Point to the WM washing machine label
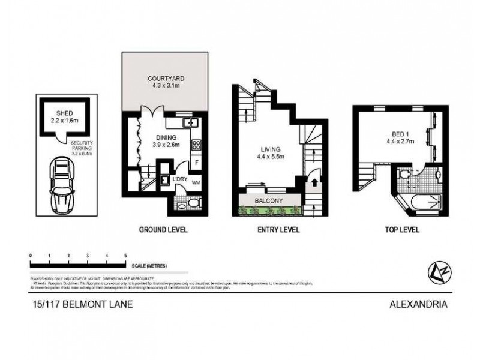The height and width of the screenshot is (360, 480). click(195, 182)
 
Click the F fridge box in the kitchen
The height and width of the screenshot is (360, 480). click(196, 163)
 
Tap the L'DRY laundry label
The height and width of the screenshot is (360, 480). click(178, 179)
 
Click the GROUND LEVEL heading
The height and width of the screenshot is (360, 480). click(163, 230)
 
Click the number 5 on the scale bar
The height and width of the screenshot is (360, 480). click(125, 256)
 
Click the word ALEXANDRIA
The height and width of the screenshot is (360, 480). click(419, 304)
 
